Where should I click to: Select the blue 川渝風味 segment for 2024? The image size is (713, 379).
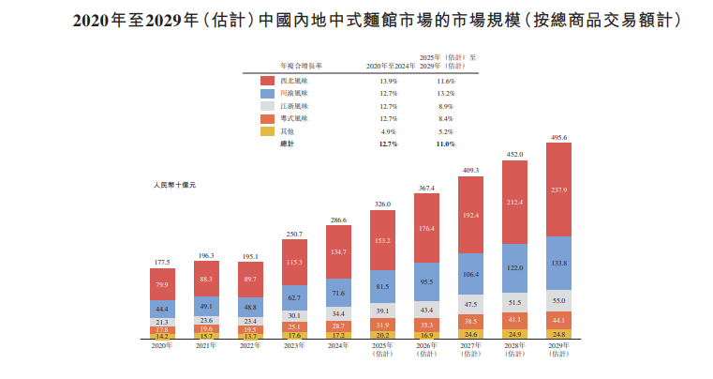tap(338, 294)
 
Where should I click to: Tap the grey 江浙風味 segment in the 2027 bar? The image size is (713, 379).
tap(470, 304)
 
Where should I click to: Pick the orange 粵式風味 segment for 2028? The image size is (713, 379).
tap(514, 320)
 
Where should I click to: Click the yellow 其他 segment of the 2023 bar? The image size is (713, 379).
tap(294, 334)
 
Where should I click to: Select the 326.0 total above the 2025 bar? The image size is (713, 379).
tap(382, 204)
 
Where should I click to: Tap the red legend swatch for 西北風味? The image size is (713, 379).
tap(267, 82)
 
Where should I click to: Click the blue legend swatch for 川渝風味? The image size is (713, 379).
tap(267, 94)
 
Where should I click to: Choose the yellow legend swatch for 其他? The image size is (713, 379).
tap(267, 131)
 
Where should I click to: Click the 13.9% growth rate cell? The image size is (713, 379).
tap(387, 82)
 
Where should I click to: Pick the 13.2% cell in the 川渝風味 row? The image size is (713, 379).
tap(445, 94)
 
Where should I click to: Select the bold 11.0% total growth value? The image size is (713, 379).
tap(445, 144)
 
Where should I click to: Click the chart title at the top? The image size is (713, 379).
tap(356, 19)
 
